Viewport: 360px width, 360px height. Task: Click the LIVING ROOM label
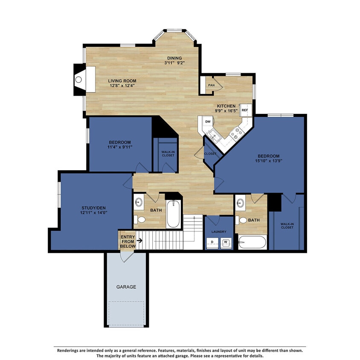[x=122, y=81]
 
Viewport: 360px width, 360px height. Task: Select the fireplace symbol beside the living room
[x=79, y=79]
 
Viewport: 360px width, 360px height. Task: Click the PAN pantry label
[x=211, y=85]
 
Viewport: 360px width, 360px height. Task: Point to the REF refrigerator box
[x=245, y=110]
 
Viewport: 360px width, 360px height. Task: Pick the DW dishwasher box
[x=208, y=122]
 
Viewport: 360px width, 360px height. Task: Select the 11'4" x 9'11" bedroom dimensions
[x=119, y=147]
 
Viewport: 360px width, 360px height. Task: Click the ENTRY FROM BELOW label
[x=128, y=241]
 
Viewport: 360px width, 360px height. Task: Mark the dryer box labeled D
[x=212, y=243]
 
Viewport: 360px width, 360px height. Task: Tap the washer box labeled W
[x=226, y=243]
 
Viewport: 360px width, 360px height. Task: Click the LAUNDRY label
[x=219, y=232]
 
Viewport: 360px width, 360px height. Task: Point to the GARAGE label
[x=126, y=287]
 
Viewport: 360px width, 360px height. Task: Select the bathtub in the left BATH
[x=173, y=215]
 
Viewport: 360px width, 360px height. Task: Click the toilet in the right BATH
[x=242, y=221]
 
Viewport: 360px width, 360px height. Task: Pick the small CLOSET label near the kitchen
[x=210, y=154]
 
